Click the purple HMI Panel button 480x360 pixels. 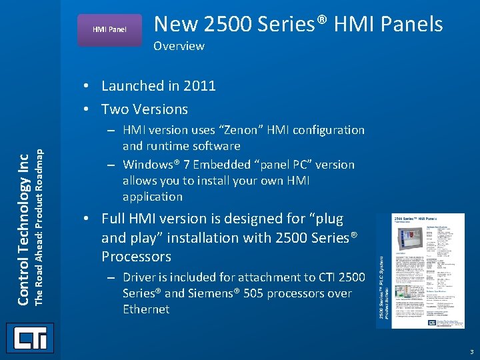tap(109, 29)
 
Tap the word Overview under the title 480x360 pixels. tap(179, 46)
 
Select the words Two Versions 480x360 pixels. tap(145, 109)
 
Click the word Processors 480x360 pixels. tap(136, 257)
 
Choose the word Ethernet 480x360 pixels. tap(146, 309)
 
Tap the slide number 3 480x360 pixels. tap(471, 351)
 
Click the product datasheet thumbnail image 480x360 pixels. tap(420, 270)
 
